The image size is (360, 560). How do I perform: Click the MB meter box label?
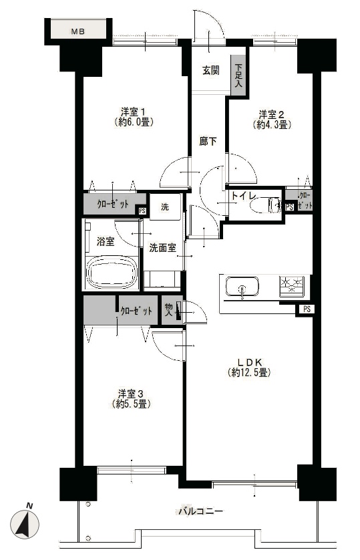pos(77,31)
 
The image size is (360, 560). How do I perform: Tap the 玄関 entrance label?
pos(211,70)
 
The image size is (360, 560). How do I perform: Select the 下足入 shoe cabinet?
pos(238,76)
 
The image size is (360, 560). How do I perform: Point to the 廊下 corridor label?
pos(208,142)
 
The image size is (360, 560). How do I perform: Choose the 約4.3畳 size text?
pos(273,125)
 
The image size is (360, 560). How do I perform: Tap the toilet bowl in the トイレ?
pos(265,206)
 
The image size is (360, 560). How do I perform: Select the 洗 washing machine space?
pos(165,206)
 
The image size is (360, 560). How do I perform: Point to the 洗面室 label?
pos(163,247)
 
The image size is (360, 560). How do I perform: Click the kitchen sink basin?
pos(242,287)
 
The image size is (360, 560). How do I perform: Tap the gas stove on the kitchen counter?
pos(293,285)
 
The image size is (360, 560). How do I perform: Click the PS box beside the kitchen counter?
pos(306,309)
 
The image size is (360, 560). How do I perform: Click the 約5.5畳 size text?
pos(131,404)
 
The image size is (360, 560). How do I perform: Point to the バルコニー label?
pos(201,511)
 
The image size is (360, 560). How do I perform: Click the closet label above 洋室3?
pos(136,311)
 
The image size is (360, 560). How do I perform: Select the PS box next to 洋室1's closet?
pos(142,211)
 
